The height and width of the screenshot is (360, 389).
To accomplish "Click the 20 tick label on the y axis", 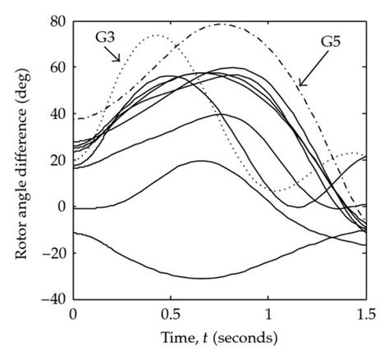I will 57,160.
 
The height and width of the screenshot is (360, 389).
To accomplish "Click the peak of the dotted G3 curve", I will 157,35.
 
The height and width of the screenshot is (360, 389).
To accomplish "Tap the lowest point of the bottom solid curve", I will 201,279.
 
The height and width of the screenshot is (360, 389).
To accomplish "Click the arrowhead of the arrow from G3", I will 121,61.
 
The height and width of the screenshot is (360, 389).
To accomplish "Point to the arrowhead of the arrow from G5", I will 300,85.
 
